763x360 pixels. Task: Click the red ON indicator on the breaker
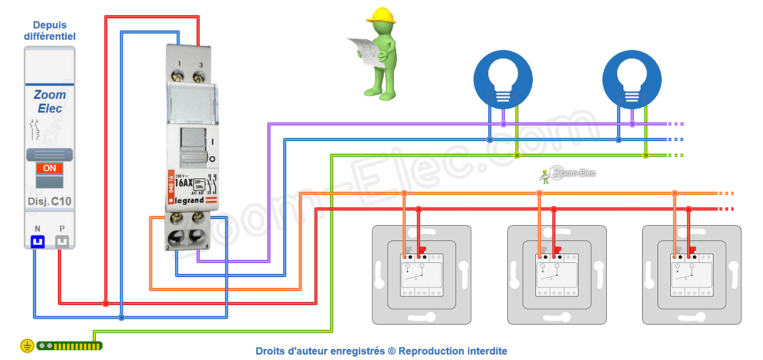click(x=49, y=168)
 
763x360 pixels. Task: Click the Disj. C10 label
click(x=49, y=201)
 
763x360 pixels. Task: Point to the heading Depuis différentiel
click(x=49, y=31)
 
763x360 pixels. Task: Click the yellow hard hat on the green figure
click(x=382, y=15)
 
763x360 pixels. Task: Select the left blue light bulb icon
click(x=503, y=79)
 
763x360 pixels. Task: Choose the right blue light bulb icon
click(x=632, y=79)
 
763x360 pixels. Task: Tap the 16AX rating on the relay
click(x=184, y=182)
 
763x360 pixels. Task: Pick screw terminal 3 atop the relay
click(x=198, y=76)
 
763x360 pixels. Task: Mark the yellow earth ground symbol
click(x=27, y=346)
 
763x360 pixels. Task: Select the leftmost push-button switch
click(x=422, y=275)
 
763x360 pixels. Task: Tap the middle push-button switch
click(x=557, y=275)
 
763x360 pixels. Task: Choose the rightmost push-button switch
click(x=692, y=275)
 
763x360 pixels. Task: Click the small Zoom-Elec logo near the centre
click(x=568, y=174)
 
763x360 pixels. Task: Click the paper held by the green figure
click(x=364, y=50)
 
